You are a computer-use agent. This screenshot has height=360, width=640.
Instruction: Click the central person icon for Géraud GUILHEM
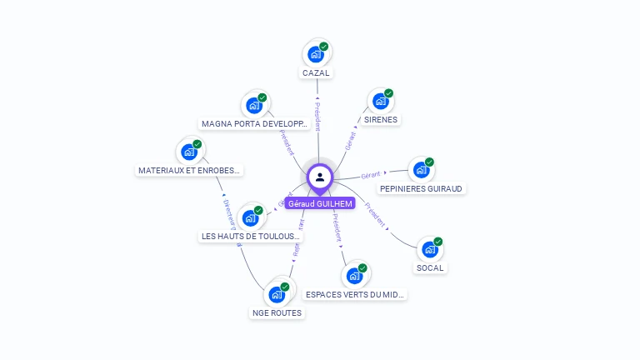[320, 177]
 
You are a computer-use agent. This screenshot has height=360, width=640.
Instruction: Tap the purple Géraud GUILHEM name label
[320, 203]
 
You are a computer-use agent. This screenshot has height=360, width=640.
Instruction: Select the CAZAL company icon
[316, 54]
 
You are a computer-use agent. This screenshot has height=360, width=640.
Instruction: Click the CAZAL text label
[316, 72]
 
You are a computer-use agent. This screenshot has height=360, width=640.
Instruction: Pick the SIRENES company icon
[381, 102]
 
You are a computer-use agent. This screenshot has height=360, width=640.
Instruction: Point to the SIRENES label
[381, 119]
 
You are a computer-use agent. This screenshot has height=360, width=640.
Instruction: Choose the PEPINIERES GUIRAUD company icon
[422, 170]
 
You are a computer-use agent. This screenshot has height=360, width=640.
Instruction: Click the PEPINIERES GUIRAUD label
[421, 188]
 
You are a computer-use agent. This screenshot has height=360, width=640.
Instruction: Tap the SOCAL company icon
[430, 249]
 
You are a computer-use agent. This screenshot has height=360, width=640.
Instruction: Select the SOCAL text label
[430, 267]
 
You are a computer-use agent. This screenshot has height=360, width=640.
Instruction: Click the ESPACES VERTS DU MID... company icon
[355, 276]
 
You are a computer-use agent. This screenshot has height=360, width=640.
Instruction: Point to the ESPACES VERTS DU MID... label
[355, 294]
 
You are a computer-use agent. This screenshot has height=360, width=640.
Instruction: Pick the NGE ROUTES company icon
[277, 294]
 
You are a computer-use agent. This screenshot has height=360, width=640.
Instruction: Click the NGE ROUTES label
[277, 312]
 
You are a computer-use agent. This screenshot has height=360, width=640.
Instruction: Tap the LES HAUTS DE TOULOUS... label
[250, 236]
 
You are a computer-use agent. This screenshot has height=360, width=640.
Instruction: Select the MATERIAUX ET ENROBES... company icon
[190, 152]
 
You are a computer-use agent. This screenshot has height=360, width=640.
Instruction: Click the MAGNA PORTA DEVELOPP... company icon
[254, 106]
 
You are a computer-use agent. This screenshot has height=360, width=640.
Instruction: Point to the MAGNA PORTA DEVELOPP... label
[255, 124]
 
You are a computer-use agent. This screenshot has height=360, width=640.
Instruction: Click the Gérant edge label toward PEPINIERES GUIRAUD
[371, 175]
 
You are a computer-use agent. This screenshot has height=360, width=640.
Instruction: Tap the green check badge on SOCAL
[438, 242]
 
